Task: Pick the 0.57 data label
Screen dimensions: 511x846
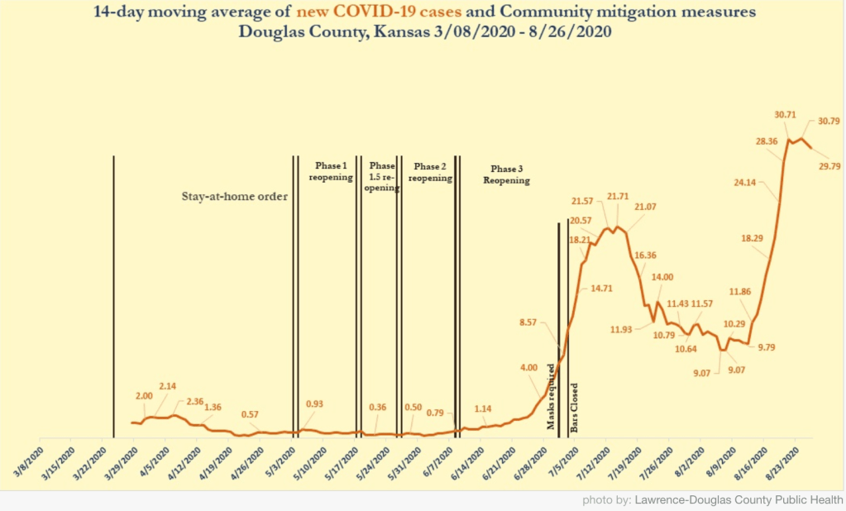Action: coord(253,414)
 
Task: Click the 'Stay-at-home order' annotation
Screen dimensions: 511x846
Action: coord(234,197)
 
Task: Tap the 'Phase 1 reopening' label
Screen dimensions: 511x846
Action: coord(330,171)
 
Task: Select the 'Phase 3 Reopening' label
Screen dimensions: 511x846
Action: coord(505,174)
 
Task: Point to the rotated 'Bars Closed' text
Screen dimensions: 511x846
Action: coord(574,408)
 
